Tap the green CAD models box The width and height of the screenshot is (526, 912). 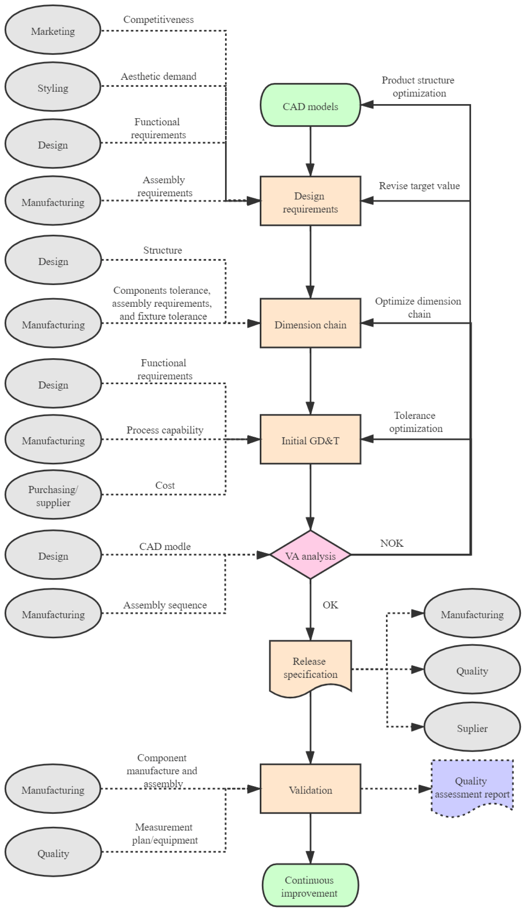[x=310, y=105]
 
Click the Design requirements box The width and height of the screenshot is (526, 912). [x=310, y=201]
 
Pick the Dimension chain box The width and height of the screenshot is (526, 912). [x=310, y=324]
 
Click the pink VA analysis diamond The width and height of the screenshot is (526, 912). [x=310, y=555]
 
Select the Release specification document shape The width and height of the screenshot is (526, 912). [x=310, y=668]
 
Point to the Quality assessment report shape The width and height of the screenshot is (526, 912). [x=472, y=787]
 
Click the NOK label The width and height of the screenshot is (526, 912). [x=392, y=543]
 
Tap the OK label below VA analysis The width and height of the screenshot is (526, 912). [x=330, y=605]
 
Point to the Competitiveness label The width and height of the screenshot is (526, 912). [x=158, y=19]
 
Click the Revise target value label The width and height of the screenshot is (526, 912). [x=419, y=186]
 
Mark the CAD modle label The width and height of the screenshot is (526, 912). [x=165, y=546]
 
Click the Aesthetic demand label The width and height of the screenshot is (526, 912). [x=158, y=76]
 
